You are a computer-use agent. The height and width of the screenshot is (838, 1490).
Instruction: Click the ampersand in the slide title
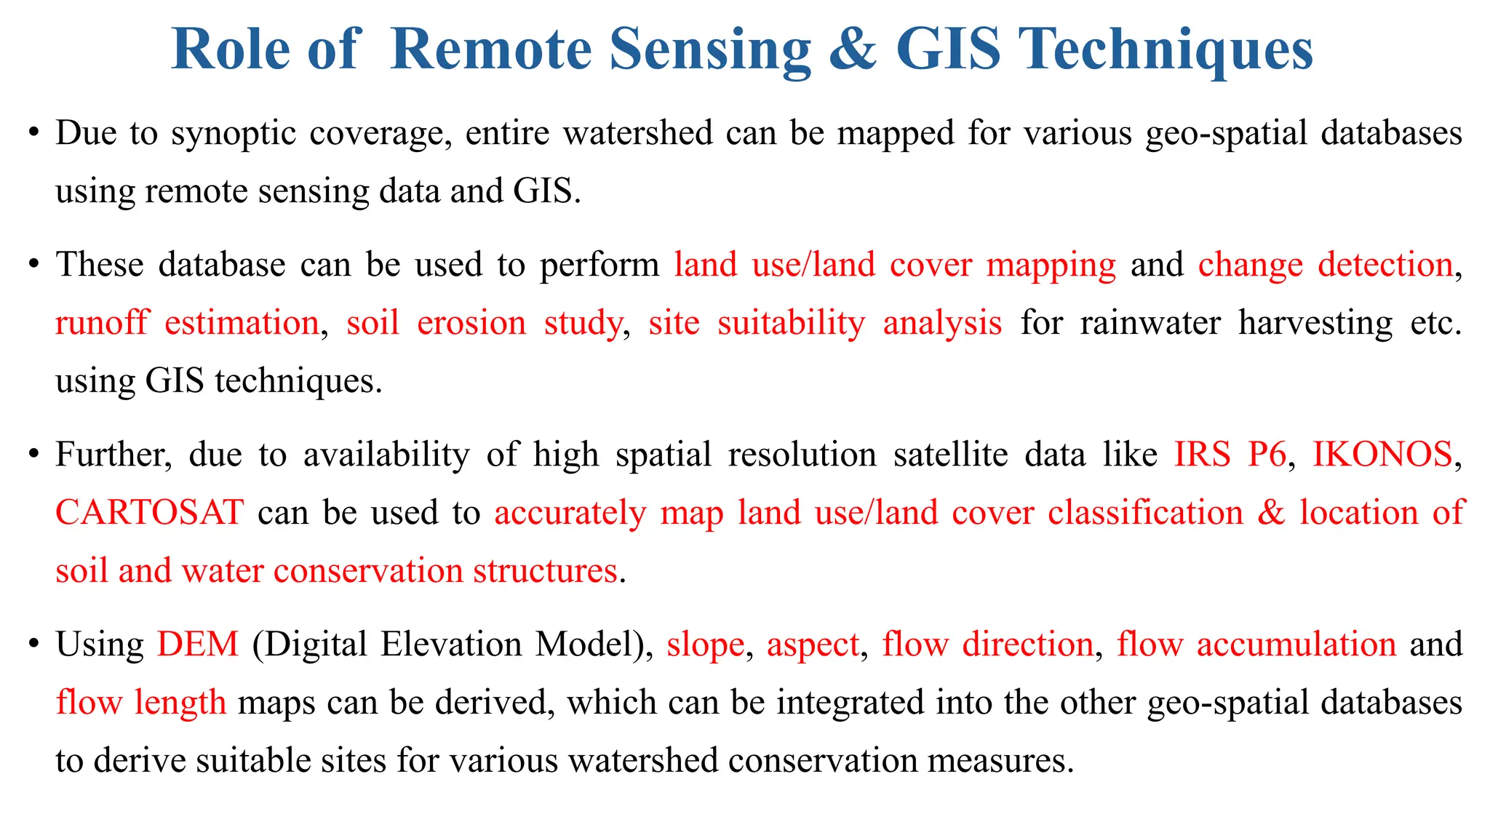click(x=853, y=49)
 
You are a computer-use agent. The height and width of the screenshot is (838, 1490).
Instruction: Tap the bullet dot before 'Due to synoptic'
click(x=33, y=133)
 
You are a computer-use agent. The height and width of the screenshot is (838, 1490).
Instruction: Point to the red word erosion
click(x=471, y=322)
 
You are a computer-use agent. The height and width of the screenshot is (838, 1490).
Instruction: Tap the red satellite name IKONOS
click(x=1382, y=455)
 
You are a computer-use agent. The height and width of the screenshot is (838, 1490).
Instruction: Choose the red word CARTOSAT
click(x=149, y=513)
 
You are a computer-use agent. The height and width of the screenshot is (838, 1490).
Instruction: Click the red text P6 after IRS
click(x=1267, y=455)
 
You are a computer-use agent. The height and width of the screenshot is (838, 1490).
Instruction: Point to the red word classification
click(x=1145, y=513)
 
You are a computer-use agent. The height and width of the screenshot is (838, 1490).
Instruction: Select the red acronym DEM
click(x=198, y=645)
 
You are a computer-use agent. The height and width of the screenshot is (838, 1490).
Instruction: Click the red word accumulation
click(x=1296, y=645)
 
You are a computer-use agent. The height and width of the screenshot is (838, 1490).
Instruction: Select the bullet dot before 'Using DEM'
click(x=33, y=645)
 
